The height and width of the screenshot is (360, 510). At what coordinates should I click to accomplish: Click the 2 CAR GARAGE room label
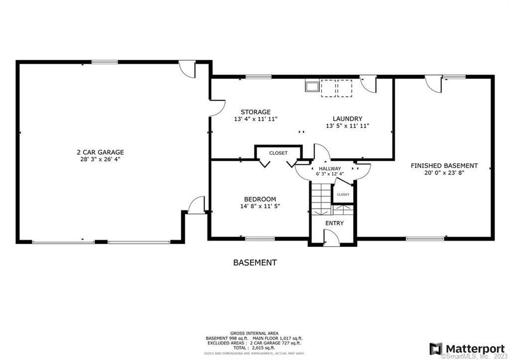coord(100,152)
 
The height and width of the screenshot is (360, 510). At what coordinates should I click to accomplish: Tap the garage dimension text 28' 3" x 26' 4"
coord(100,159)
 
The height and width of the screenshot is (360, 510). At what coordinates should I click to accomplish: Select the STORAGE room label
coord(255,112)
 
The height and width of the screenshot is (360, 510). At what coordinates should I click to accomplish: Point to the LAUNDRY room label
coord(347,119)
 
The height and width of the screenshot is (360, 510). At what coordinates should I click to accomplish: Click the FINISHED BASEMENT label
coord(444,166)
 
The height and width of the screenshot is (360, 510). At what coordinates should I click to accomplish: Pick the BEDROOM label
coord(259,199)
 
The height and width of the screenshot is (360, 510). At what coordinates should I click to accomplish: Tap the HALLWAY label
coord(330,169)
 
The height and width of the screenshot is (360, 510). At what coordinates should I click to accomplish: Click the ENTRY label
coord(334,223)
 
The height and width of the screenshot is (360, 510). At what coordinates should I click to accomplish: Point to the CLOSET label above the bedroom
coord(278,153)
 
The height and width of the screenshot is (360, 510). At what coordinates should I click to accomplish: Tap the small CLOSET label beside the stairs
coord(343,194)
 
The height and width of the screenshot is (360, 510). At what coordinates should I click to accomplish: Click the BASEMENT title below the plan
coord(255,262)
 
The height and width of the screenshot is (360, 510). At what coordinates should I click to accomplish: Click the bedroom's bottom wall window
coord(259,239)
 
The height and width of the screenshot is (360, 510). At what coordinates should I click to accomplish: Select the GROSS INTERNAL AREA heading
coord(254,333)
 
